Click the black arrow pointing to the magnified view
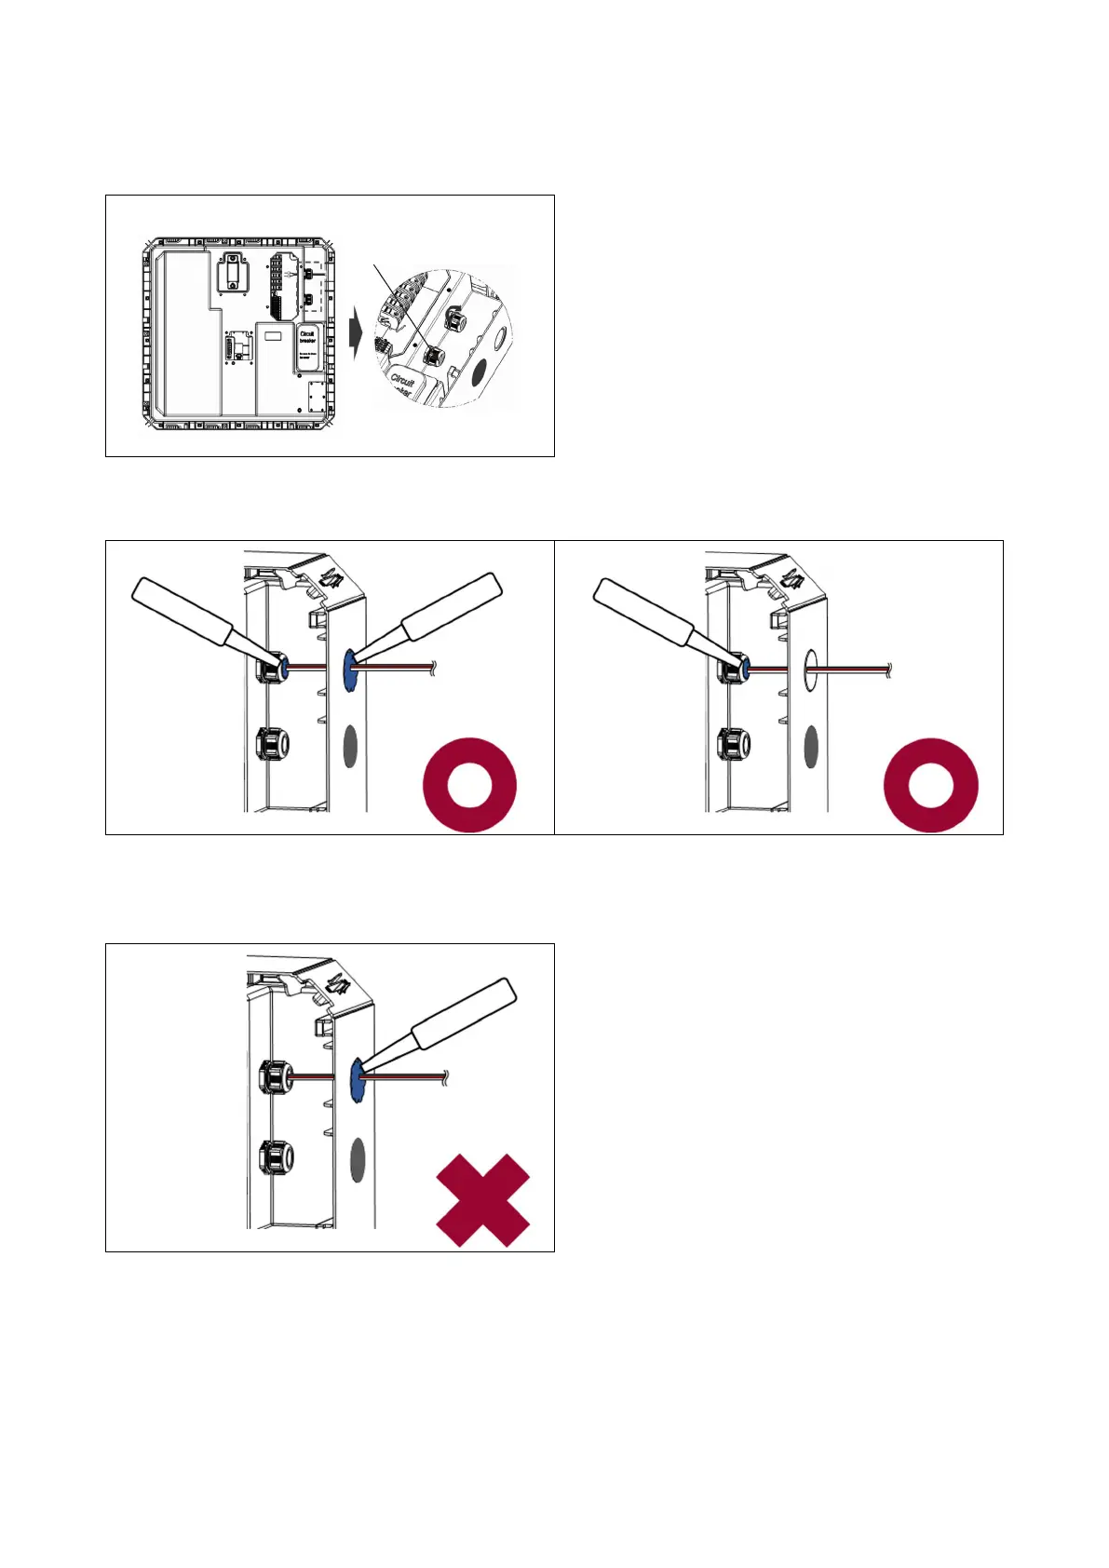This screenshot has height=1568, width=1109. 355,334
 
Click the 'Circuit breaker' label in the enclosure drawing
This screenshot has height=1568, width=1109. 307,336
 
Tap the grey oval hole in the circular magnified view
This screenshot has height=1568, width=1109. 480,372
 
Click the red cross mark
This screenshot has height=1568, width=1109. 483,1200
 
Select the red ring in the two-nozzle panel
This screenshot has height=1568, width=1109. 470,784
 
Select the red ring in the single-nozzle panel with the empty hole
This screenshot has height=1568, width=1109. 930,784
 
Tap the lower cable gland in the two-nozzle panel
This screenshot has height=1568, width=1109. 272,744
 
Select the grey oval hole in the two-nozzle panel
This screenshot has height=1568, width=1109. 350,746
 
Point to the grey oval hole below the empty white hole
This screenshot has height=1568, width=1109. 810,746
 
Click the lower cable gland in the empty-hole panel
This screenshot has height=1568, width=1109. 732,744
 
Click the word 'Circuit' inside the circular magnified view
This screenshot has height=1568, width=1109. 402,381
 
